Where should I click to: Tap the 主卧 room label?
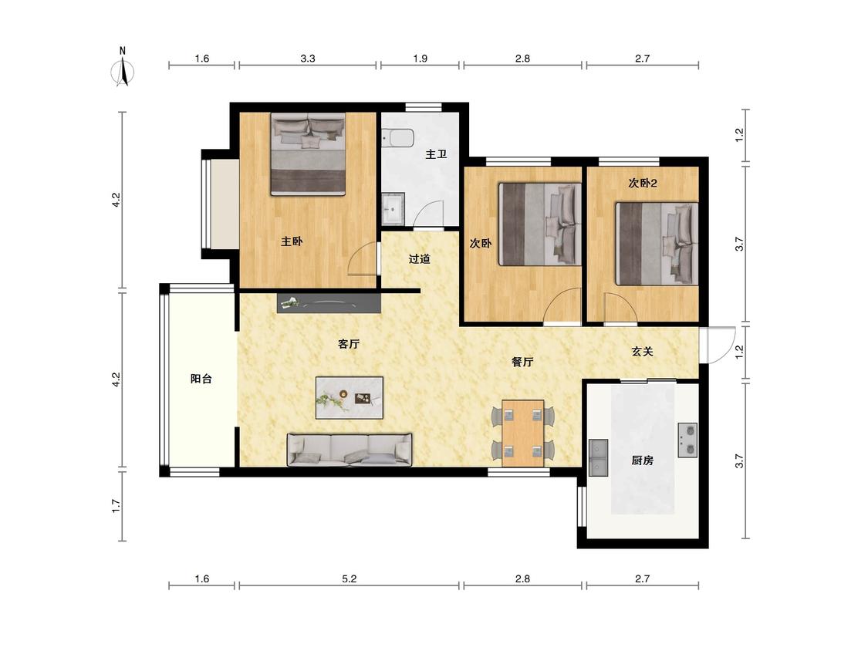[x=292, y=241]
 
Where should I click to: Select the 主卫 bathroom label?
[x=436, y=154]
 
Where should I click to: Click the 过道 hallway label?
[x=419, y=258]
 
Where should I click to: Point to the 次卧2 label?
[x=642, y=183]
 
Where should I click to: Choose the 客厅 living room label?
[x=349, y=344]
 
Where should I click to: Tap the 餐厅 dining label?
[x=522, y=362]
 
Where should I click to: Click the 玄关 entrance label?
[x=642, y=351]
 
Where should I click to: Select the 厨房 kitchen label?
[x=642, y=460]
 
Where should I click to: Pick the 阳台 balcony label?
[x=201, y=379]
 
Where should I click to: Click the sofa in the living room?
[x=350, y=450]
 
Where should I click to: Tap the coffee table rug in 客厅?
[x=350, y=397]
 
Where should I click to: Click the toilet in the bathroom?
[x=397, y=138]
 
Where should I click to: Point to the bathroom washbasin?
[x=393, y=208]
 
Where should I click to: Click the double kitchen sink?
[x=598, y=458]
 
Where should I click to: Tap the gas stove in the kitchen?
[x=687, y=440]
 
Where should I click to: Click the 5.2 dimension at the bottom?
[x=350, y=578]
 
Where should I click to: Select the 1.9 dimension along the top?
[x=420, y=58]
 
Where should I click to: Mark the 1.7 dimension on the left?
[x=116, y=506]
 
